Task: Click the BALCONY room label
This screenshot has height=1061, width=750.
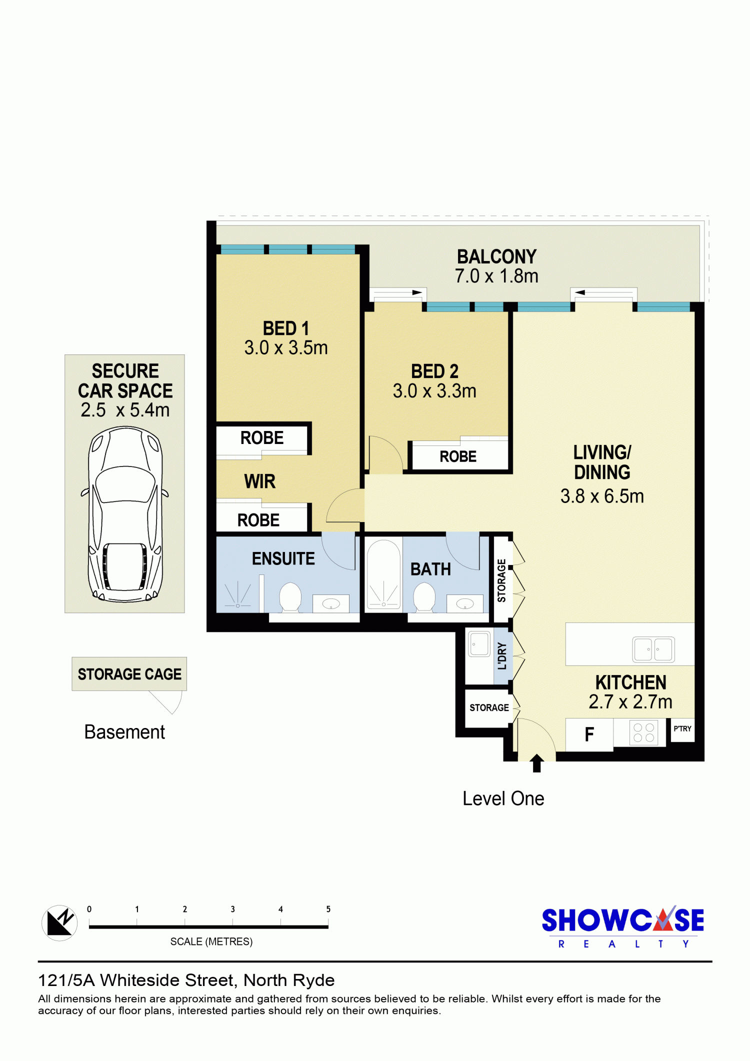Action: tap(496, 256)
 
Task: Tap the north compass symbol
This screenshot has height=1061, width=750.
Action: tap(59, 923)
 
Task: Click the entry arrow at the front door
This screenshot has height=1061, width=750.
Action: tap(536, 763)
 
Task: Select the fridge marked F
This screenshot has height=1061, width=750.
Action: tap(589, 734)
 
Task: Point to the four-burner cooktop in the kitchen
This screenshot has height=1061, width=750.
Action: tap(643, 732)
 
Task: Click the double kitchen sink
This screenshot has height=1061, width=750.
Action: tap(653, 649)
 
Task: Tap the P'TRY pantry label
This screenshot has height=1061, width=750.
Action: tap(682, 728)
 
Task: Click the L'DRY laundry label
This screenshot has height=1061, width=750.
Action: tap(502, 656)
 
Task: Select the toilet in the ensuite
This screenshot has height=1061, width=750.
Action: tap(290, 597)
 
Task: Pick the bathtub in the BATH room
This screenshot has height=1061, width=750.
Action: tap(383, 574)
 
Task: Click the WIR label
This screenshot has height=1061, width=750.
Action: tap(259, 481)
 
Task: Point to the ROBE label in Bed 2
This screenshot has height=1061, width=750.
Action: tap(458, 456)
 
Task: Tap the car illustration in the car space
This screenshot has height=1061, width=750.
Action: tap(125, 513)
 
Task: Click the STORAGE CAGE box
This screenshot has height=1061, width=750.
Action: tap(129, 674)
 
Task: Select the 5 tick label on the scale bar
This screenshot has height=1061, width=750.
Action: tap(328, 909)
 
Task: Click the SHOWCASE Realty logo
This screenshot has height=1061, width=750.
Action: tap(623, 926)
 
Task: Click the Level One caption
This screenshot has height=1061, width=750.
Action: tap(503, 798)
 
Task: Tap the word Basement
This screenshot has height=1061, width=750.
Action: tap(124, 732)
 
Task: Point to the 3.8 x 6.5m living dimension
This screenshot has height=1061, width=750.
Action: tap(602, 496)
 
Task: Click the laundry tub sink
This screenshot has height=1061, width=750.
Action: tap(479, 644)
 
